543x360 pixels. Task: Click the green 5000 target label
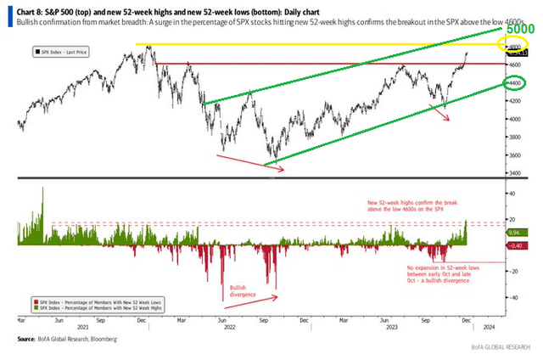click(x=521, y=28)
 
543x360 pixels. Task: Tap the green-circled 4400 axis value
click(x=513, y=83)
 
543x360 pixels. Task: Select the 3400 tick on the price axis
click(x=512, y=173)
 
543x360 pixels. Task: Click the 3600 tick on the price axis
click(x=512, y=155)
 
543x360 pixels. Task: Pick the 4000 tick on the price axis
click(x=512, y=119)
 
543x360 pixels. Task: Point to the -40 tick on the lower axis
click(x=512, y=297)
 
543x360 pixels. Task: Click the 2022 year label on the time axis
click(x=228, y=329)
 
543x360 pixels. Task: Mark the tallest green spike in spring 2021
click(x=42, y=190)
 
